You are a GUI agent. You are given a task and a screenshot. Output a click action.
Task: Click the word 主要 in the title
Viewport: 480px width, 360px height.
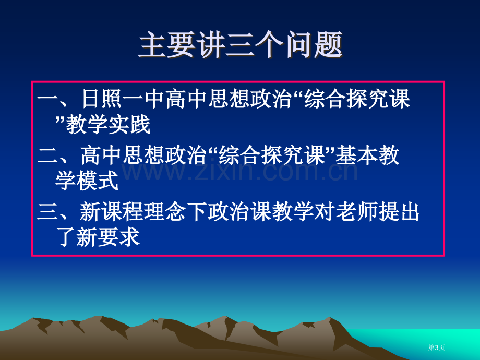pyautogui.click(x=167, y=45)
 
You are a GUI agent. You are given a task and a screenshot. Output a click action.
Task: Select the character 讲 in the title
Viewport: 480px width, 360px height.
pyautogui.click(x=211, y=45)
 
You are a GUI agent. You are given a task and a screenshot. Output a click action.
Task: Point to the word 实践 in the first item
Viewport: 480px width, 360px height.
pyautogui.click(x=129, y=124)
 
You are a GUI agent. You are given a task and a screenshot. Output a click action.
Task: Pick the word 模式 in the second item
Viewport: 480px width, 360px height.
pyautogui.click(x=98, y=181)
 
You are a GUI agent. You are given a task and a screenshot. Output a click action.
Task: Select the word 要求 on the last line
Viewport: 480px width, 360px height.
pyautogui.click(x=119, y=237)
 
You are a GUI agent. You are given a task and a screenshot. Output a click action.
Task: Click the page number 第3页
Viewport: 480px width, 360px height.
pyautogui.click(x=436, y=347)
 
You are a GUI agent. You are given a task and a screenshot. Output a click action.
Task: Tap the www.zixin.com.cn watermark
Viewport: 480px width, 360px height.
pyautogui.click(x=239, y=172)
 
